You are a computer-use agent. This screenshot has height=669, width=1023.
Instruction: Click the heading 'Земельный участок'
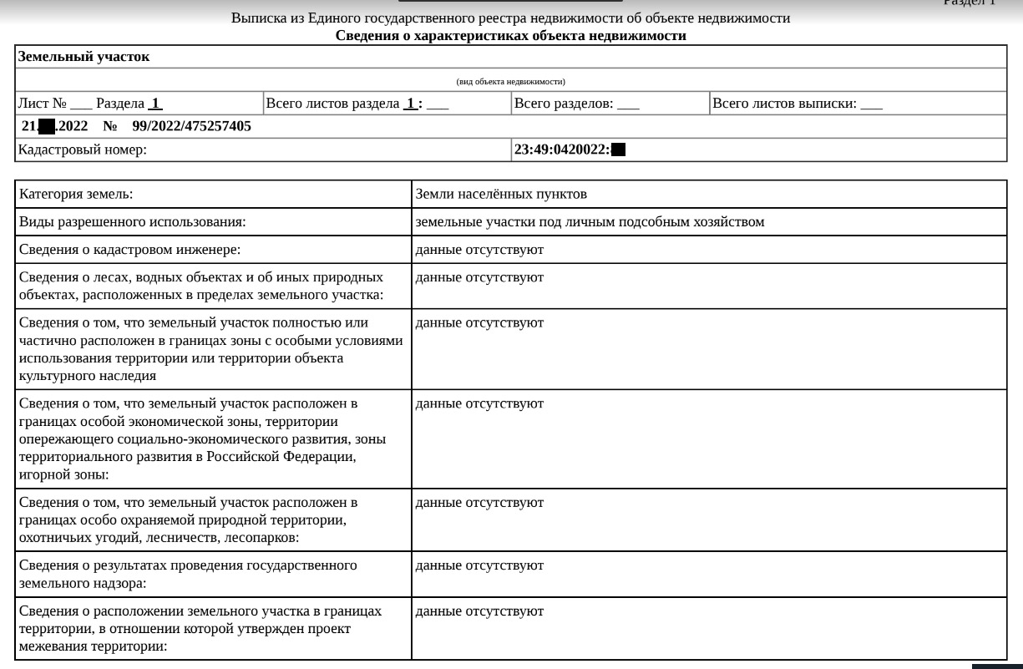pos(84,58)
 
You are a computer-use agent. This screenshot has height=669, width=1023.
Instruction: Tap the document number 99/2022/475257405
pos(191,126)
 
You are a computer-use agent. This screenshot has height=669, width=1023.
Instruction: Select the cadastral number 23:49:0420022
pos(561,150)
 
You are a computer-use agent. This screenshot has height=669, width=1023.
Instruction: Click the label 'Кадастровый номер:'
pos(83,150)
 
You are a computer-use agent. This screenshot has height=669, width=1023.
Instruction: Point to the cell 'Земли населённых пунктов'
pos(501,194)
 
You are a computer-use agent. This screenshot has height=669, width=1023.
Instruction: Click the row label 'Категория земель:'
pos(76,194)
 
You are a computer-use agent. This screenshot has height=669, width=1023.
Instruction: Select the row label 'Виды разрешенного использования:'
pos(132,222)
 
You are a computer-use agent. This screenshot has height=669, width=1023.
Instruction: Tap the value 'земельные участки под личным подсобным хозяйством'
pos(590,222)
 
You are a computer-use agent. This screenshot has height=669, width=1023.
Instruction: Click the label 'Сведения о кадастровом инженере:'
pos(129,250)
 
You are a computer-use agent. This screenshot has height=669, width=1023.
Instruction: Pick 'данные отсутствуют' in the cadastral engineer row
pos(479,250)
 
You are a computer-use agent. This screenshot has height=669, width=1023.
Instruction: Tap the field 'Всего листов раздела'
pos(332,104)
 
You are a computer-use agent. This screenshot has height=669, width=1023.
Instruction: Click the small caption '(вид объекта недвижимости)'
pos(510,81)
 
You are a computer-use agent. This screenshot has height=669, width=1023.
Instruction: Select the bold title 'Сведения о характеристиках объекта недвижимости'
pos(510,36)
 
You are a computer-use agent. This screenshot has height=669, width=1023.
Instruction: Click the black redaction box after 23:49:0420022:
pos(619,150)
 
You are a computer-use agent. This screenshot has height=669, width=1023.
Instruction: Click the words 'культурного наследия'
pos(88,376)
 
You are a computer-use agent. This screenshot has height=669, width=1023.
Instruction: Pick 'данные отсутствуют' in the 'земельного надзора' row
pos(479,565)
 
